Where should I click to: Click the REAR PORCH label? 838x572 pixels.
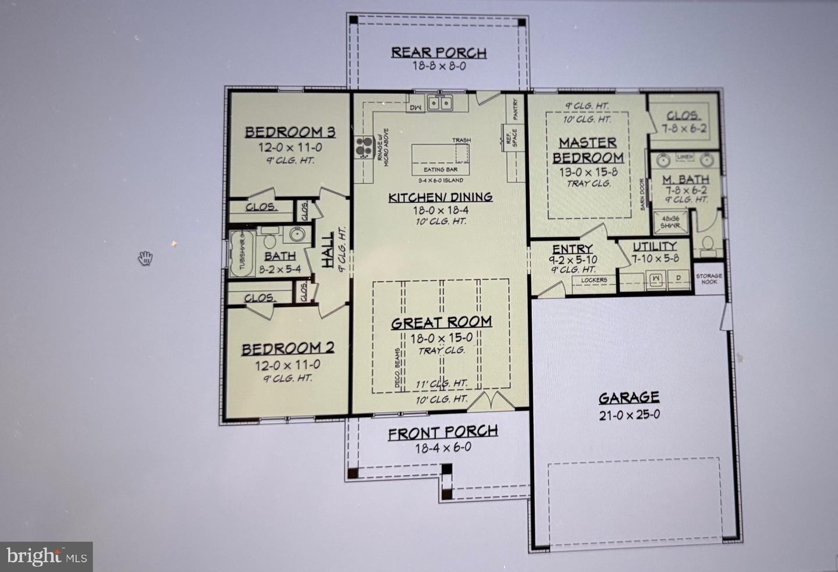[x=438, y=52]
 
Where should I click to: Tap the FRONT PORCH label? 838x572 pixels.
[x=443, y=433]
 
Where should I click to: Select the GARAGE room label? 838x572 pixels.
[x=629, y=398]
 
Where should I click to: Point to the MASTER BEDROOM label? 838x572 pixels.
[x=588, y=150]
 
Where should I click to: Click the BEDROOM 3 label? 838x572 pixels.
[x=290, y=132]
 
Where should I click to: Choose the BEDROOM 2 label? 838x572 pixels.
[x=287, y=349]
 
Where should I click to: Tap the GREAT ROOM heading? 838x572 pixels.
[x=441, y=323]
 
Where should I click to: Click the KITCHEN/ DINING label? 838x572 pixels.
[x=441, y=197]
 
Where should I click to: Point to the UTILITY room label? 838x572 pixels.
[x=655, y=246]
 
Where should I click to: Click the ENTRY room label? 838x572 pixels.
[x=573, y=249]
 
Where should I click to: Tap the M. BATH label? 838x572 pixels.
[x=686, y=180]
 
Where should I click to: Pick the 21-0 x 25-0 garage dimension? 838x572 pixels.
[x=629, y=415]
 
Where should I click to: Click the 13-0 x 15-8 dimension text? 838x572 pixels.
[x=588, y=172]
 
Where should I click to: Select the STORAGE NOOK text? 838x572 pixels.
[x=709, y=279]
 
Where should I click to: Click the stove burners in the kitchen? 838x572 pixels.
[x=364, y=147]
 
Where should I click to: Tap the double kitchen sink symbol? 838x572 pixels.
[x=441, y=104]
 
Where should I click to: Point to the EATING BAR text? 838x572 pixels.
[x=441, y=170]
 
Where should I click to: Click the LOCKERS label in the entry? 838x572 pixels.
[x=594, y=280]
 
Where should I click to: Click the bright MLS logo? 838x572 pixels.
[x=47, y=556]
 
